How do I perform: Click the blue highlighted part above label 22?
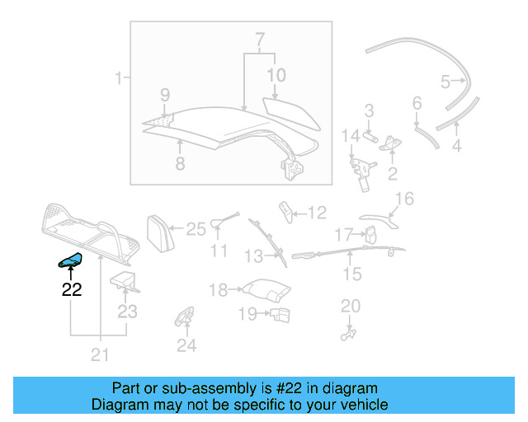68,261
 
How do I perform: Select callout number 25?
196,229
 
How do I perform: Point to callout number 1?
118,79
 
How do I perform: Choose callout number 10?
276,75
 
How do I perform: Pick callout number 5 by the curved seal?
445,81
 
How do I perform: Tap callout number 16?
404,199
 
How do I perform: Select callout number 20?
351,306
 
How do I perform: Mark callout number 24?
186,345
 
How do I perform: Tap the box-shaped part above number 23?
124,280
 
